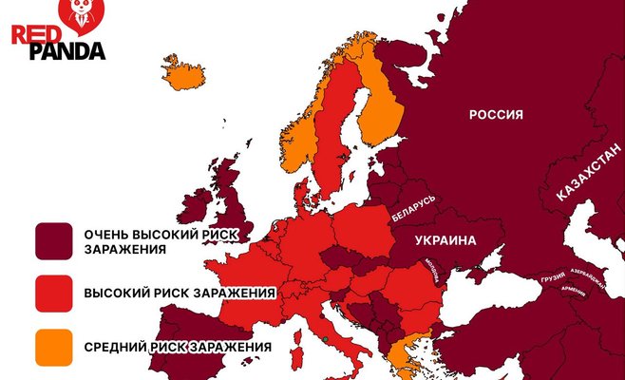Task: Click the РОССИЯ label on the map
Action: click(496, 115)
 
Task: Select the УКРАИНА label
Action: click(445, 241)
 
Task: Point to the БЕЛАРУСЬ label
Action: click(414, 208)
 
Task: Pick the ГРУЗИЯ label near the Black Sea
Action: click(552, 278)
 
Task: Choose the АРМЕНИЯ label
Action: click(574, 290)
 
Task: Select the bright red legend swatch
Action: click(54, 294)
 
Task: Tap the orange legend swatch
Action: click(54, 348)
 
